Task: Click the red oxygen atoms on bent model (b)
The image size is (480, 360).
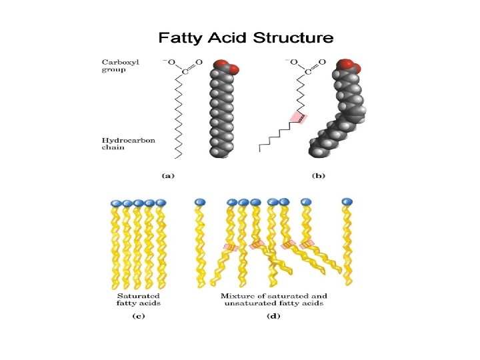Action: [x=349, y=66]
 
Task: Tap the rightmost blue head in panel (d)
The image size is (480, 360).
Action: [x=346, y=201]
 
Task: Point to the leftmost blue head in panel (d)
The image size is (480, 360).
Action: [x=197, y=201]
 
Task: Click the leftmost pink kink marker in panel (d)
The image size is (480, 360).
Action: [x=230, y=247]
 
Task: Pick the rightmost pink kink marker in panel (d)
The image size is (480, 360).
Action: [x=307, y=245]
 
